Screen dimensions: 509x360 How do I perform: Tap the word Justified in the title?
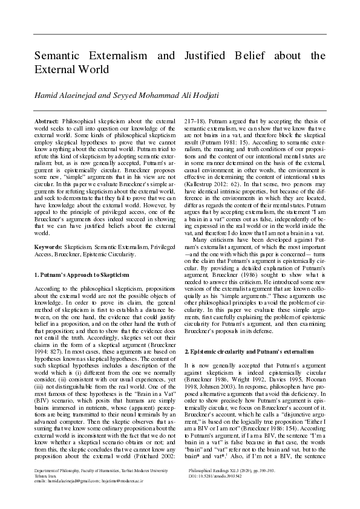click(x=208, y=56)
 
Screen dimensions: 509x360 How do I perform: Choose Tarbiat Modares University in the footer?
click(x=136, y=486)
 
